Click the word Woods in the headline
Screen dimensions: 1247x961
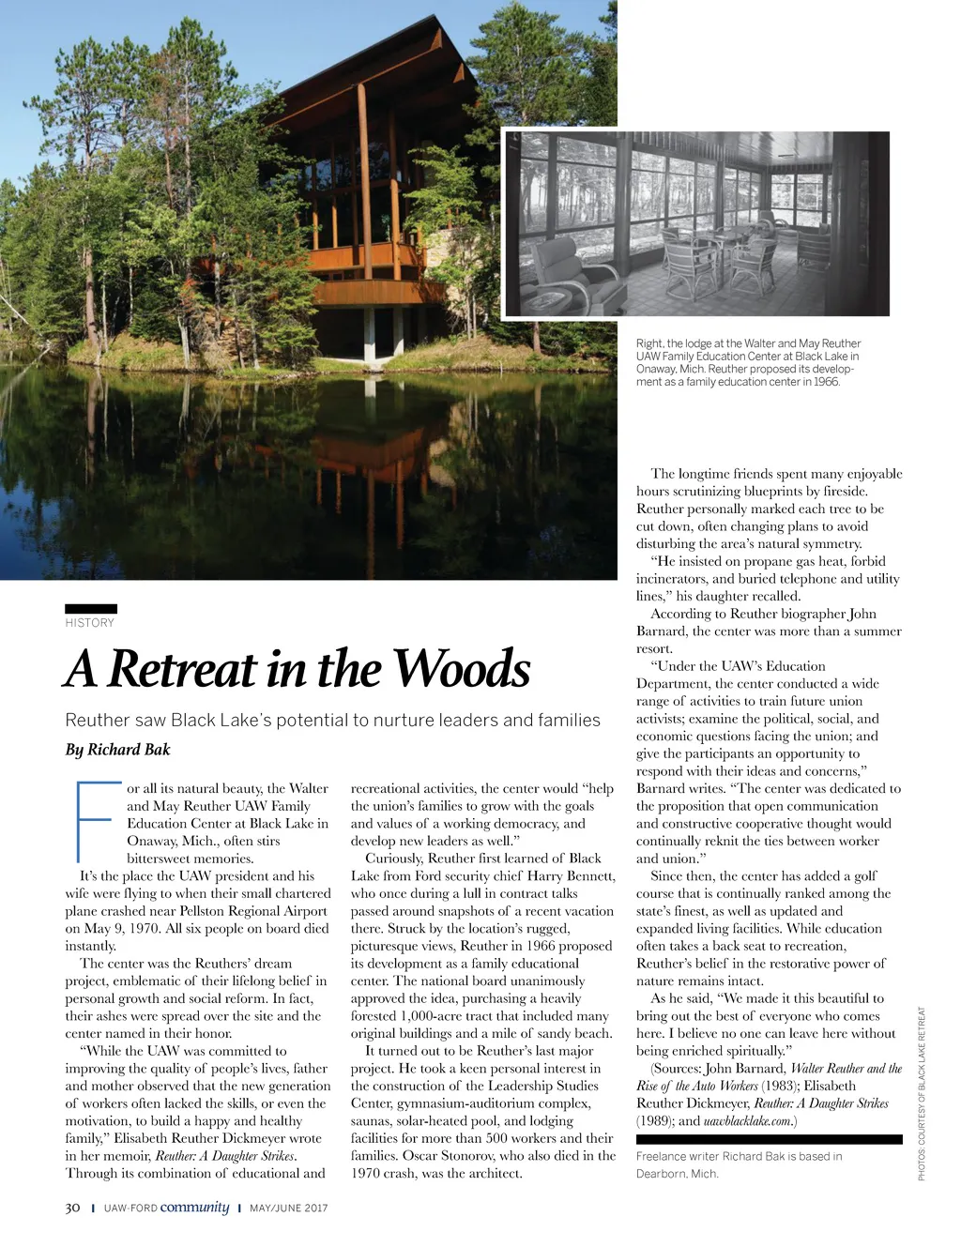[461, 668]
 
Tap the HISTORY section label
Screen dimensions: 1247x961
[90, 623]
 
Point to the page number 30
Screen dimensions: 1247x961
[72, 1208]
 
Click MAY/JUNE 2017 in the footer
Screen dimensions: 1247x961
[289, 1209]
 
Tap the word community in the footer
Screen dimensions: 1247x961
[194, 1208]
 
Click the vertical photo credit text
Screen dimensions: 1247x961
[923, 1094]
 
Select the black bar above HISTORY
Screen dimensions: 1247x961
[91, 609]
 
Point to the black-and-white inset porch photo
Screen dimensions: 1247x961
[695, 222]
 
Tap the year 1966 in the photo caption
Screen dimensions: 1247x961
[827, 382]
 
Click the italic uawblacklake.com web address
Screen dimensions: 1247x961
[748, 1120]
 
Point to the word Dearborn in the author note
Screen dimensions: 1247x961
[661, 1174]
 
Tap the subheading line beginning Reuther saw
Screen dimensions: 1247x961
[332, 720]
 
